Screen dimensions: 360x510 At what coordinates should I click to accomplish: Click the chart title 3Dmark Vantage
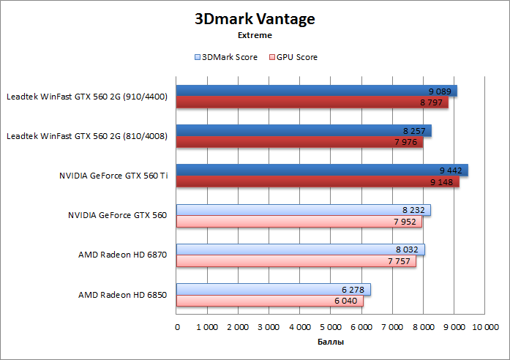point(255,18)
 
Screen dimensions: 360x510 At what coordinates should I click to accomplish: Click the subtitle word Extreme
point(255,34)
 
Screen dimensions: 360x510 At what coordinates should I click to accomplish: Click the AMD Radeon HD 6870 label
point(122,255)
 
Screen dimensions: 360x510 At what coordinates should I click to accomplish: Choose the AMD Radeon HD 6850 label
point(122,295)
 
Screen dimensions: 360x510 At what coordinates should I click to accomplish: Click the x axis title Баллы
point(331,342)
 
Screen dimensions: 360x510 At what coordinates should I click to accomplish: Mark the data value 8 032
point(407,249)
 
